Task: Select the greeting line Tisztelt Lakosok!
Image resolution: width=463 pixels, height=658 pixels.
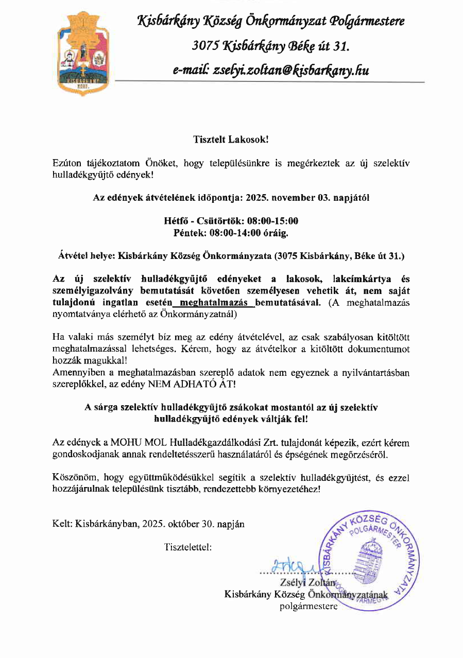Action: [231, 140]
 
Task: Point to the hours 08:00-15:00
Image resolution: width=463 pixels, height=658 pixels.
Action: [272, 221]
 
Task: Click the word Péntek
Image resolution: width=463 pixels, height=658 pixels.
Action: [191, 232]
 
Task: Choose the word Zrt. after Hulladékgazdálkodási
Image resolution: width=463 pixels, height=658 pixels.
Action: [299, 443]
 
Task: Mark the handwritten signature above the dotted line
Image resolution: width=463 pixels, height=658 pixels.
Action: [293, 566]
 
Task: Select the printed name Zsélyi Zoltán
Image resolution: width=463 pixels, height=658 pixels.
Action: [306, 583]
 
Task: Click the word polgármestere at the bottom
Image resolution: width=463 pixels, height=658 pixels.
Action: [308, 606]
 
